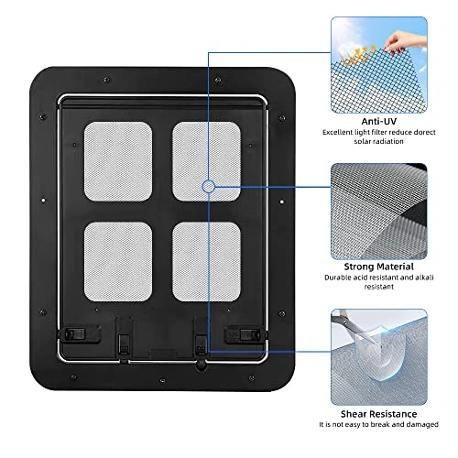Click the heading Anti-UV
point(378,121)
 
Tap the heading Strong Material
point(378,267)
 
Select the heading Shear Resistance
point(378,414)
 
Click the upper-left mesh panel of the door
point(118,161)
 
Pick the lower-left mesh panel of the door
point(118,262)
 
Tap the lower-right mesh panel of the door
point(206,262)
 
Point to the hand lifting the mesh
point(403,42)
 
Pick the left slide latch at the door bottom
point(75,333)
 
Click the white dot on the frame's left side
point(43,201)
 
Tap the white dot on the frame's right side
point(282,202)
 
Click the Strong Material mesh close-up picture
point(379,212)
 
